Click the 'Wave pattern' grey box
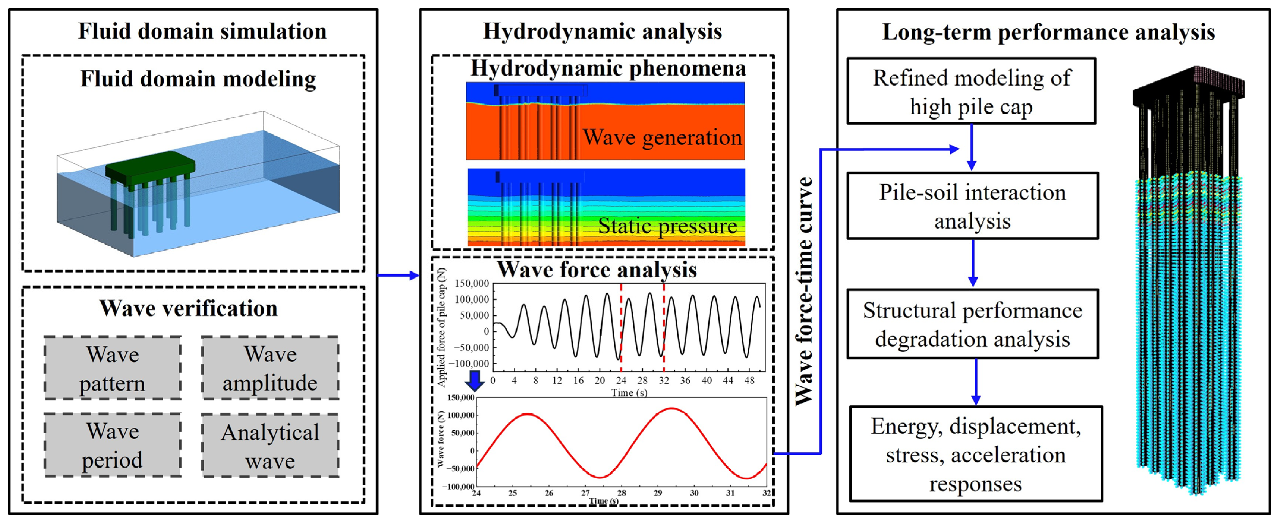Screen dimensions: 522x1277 pyautogui.click(x=113, y=368)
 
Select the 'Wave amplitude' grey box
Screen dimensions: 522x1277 pyautogui.click(x=270, y=368)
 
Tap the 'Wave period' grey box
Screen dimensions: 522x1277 pyautogui.click(x=113, y=445)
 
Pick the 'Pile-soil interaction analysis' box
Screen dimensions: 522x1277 pyautogui.click(x=973, y=206)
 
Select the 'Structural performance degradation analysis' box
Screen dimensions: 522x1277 pyautogui.click(x=973, y=324)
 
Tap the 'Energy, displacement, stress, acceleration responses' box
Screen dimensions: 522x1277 pyautogui.click(x=976, y=454)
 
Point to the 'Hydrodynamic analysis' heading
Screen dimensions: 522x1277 pyautogui.click(x=602, y=31)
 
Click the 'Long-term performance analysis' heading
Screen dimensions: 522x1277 pyautogui.click(x=1049, y=32)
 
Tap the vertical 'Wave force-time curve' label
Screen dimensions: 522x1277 pyautogui.click(x=804, y=292)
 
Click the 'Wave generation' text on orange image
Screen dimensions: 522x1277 pyautogui.click(x=662, y=137)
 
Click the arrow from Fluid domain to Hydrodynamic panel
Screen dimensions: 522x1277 pyautogui.click(x=398, y=275)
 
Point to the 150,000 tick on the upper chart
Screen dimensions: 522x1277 pyautogui.click(x=472, y=284)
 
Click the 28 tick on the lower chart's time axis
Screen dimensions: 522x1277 pyautogui.click(x=621, y=493)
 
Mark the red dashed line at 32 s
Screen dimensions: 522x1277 pyautogui.click(x=664, y=323)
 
